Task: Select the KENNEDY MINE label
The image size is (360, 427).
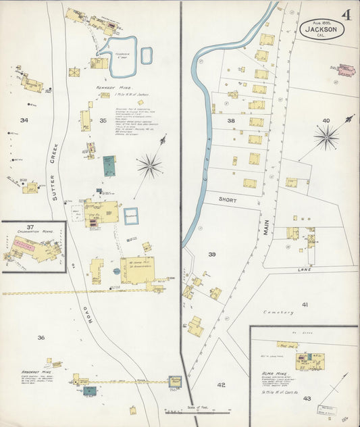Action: pos(111,87)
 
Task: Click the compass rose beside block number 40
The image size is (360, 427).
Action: pos(327,137)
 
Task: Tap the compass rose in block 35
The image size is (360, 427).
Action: pos(149,164)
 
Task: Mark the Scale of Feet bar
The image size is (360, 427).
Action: pos(198,409)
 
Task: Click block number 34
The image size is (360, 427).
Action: pos(24,120)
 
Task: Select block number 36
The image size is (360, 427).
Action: pos(41,337)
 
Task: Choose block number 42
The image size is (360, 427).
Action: pos(221,384)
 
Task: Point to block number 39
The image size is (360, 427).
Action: pos(211,255)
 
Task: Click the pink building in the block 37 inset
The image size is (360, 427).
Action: pos(24,247)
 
